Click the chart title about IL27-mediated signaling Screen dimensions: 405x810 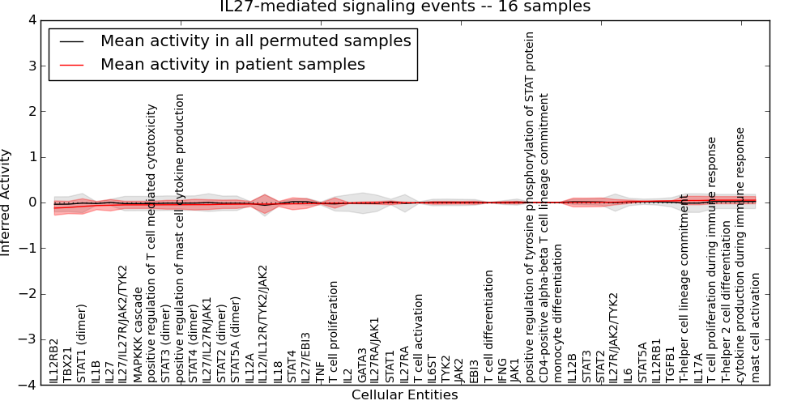(x=405, y=7)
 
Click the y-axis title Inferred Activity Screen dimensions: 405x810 (x=7, y=202)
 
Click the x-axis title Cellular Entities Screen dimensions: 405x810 (x=404, y=395)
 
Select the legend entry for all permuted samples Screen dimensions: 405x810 (x=255, y=40)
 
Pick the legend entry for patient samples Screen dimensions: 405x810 (x=232, y=65)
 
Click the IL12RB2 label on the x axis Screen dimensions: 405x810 (x=53, y=361)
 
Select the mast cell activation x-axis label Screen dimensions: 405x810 (x=756, y=327)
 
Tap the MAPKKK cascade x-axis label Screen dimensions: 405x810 (x=138, y=335)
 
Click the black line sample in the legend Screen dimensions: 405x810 (x=72, y=40)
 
